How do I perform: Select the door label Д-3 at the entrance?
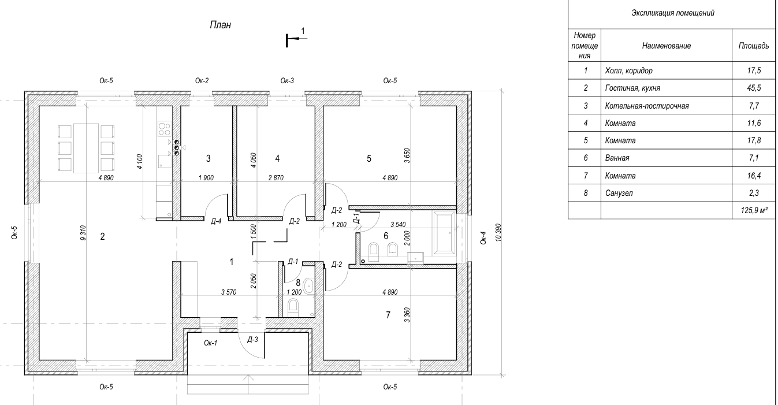(x=252, y=340)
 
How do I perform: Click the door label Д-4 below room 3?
(x=217, y=221)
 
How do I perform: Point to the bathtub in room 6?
(x=444, y=233)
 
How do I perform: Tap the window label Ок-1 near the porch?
(x=211, y=343)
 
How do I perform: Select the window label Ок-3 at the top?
(x=288, y=81)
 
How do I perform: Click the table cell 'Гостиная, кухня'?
(x=633, y=88)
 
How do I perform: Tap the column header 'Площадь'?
(x=753, y=45)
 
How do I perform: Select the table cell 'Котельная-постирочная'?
(x=647, y=106)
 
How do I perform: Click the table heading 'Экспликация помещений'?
(x=672, y=13)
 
